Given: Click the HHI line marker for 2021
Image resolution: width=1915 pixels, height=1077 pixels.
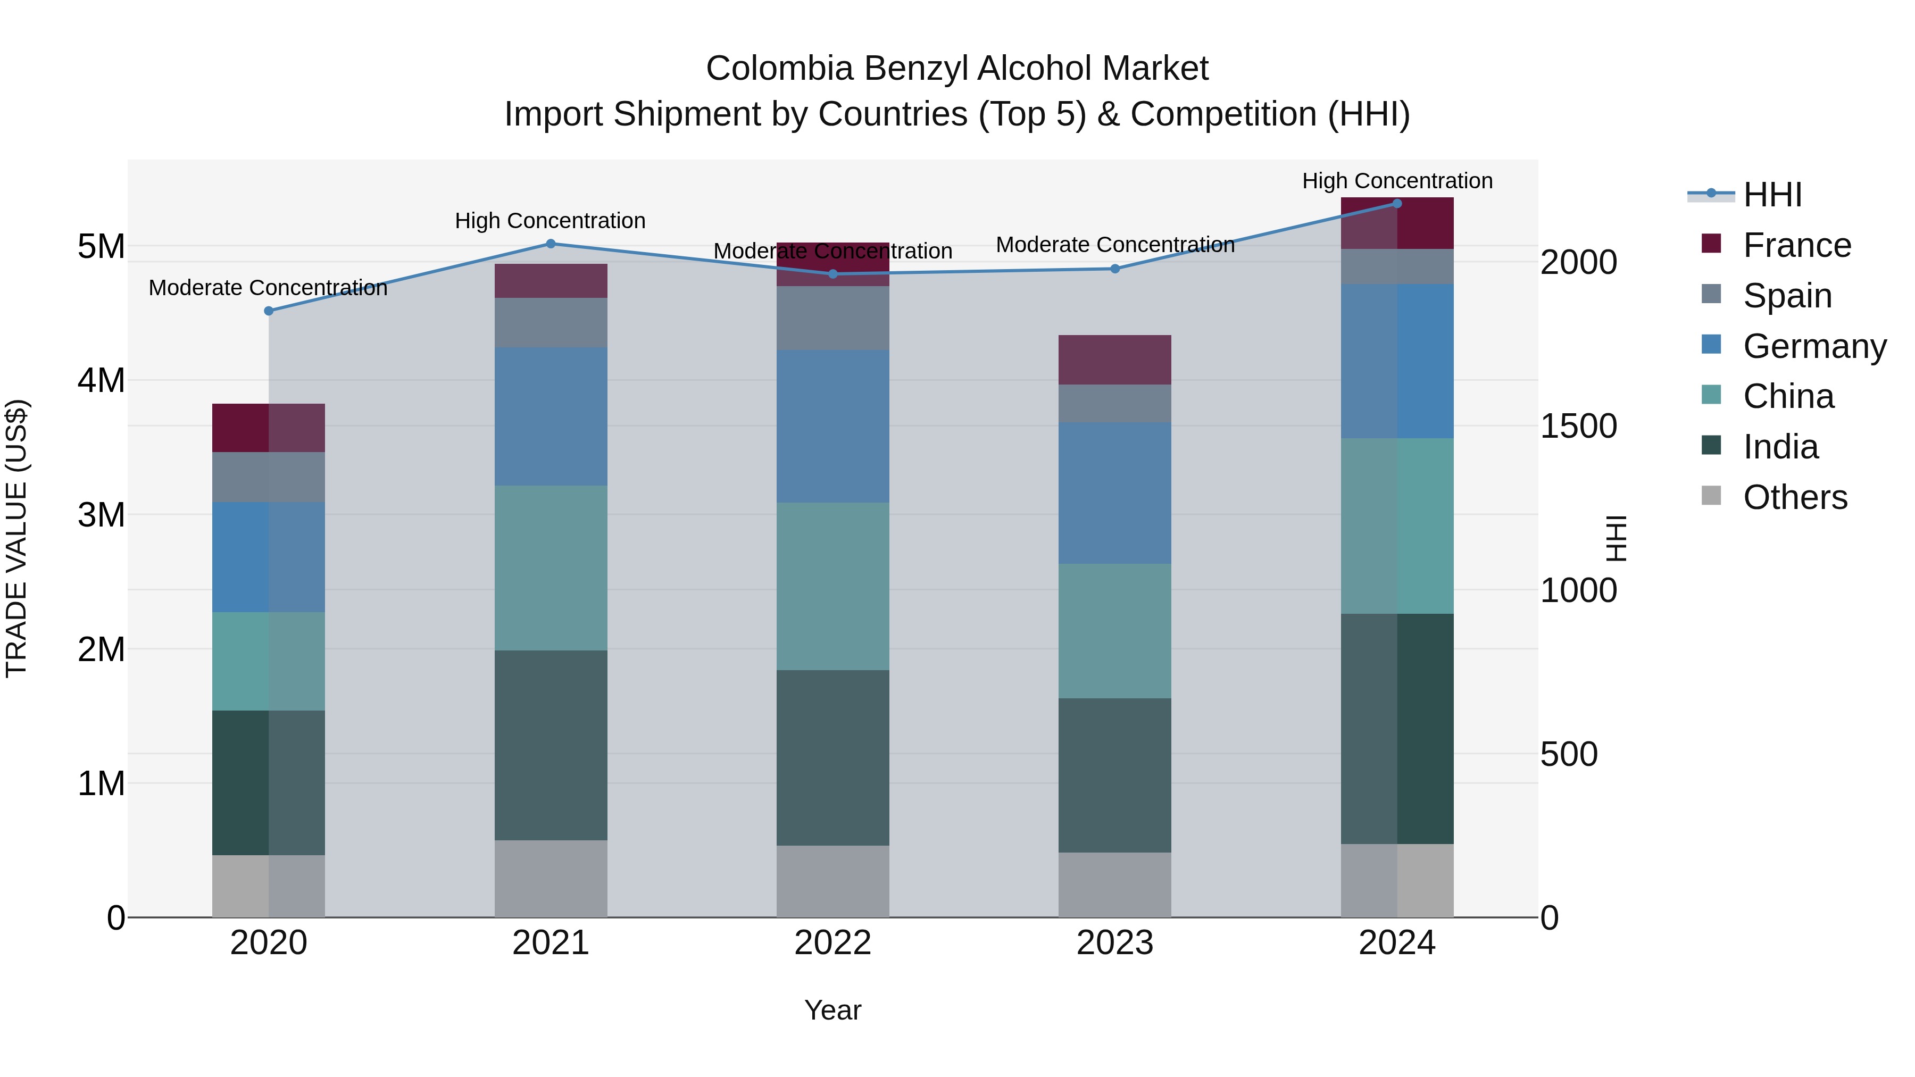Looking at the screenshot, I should coord(551,244).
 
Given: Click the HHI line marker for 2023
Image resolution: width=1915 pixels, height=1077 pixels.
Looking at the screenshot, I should coord(1114,269).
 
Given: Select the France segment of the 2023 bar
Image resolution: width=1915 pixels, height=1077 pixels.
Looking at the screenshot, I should coord(1114,360).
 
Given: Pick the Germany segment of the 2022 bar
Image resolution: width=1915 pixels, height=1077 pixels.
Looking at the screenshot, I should coord(832,426).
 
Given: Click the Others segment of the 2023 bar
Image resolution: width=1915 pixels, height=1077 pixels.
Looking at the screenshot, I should coord(1114,884).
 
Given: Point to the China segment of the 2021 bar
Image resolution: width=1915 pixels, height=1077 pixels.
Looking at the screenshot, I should coord(551,568).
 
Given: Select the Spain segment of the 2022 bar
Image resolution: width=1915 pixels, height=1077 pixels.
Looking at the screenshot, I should coord(832,318).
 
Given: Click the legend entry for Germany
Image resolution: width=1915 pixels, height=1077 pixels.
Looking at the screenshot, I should coord(1814,346).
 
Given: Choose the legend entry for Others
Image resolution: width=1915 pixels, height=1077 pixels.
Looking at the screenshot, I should coord(1795,497).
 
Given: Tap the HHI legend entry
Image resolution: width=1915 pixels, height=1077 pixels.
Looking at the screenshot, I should coord(1772,195).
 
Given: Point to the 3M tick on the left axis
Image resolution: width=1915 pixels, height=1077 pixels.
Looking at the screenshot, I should coord(101,514).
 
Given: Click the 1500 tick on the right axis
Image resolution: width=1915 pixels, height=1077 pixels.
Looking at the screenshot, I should coord(1578,426).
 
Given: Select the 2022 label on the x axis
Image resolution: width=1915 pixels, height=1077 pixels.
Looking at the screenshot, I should coord(832,942).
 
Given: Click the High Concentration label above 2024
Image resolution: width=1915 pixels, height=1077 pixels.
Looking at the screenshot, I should coord(1397,181).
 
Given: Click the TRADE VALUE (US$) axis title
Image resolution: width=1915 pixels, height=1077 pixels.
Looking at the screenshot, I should coord(16,538).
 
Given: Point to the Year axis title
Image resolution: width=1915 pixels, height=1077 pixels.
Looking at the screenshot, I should coord(832,1010).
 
